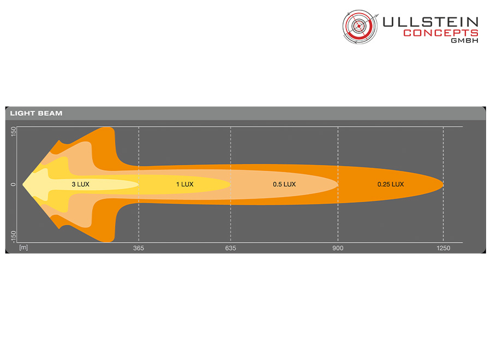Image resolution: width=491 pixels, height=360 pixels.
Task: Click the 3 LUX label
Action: [81, 184]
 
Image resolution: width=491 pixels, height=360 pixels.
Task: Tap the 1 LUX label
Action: [185, 184]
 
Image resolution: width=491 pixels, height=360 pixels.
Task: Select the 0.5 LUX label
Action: [284, 184]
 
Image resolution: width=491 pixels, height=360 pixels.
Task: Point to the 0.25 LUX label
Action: [391, 184]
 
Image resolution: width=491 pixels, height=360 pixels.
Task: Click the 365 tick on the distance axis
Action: [139, 248]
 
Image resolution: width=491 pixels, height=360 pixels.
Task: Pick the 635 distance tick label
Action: [230, 248]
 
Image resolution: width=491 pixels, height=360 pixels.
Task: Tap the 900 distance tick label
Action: [338, 248]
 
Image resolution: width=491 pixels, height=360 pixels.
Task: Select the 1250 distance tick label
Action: [444, 248]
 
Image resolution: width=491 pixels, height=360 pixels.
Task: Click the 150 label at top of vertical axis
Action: [13, 131]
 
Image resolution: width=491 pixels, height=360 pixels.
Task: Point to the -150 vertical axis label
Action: [13, 237]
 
